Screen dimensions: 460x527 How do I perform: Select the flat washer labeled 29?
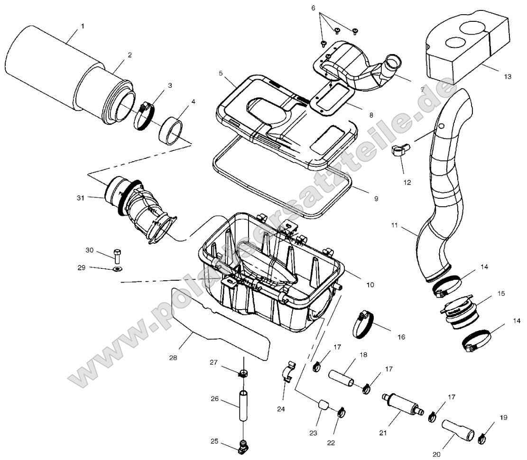[117, 270]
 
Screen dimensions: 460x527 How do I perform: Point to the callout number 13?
[508, 76]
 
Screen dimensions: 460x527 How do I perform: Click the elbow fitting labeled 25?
[244, 445]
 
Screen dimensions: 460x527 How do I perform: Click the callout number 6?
[313, 8]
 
